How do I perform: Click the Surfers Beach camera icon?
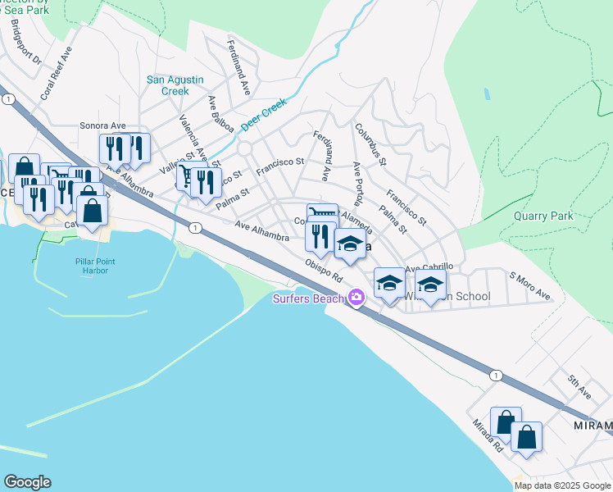click(356, 298)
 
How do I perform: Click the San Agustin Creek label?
click(168, 85)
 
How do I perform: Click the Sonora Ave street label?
click(99, 125)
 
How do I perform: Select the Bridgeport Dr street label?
click(25, 43)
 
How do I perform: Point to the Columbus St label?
click(370, 144)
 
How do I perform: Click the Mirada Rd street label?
click(487, 438)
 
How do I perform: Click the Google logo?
click(27, 482)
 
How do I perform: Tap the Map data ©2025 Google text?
click(562, 485)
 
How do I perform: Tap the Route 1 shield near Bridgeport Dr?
click(8, 98)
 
